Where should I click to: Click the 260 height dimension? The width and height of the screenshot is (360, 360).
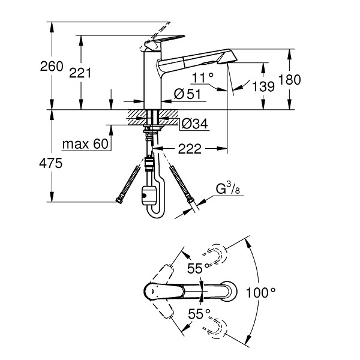[x=52, y=67]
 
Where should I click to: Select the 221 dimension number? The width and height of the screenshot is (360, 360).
[x=80, y=73]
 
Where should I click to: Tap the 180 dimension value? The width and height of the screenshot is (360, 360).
[x=289, y=80]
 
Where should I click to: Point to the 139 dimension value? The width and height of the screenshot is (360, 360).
[x=263, y=86]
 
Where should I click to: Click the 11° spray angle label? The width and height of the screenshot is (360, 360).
[x=203, y=77]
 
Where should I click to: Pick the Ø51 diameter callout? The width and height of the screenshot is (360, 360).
[x=187, y=94]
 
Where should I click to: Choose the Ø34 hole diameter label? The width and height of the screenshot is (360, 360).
[x=194, y=124]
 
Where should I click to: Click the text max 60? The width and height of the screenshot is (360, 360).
[x=85, y=144]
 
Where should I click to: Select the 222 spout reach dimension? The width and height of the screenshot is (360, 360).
[x=190, y=149]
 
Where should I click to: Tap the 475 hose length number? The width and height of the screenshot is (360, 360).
[x=51, y=163]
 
